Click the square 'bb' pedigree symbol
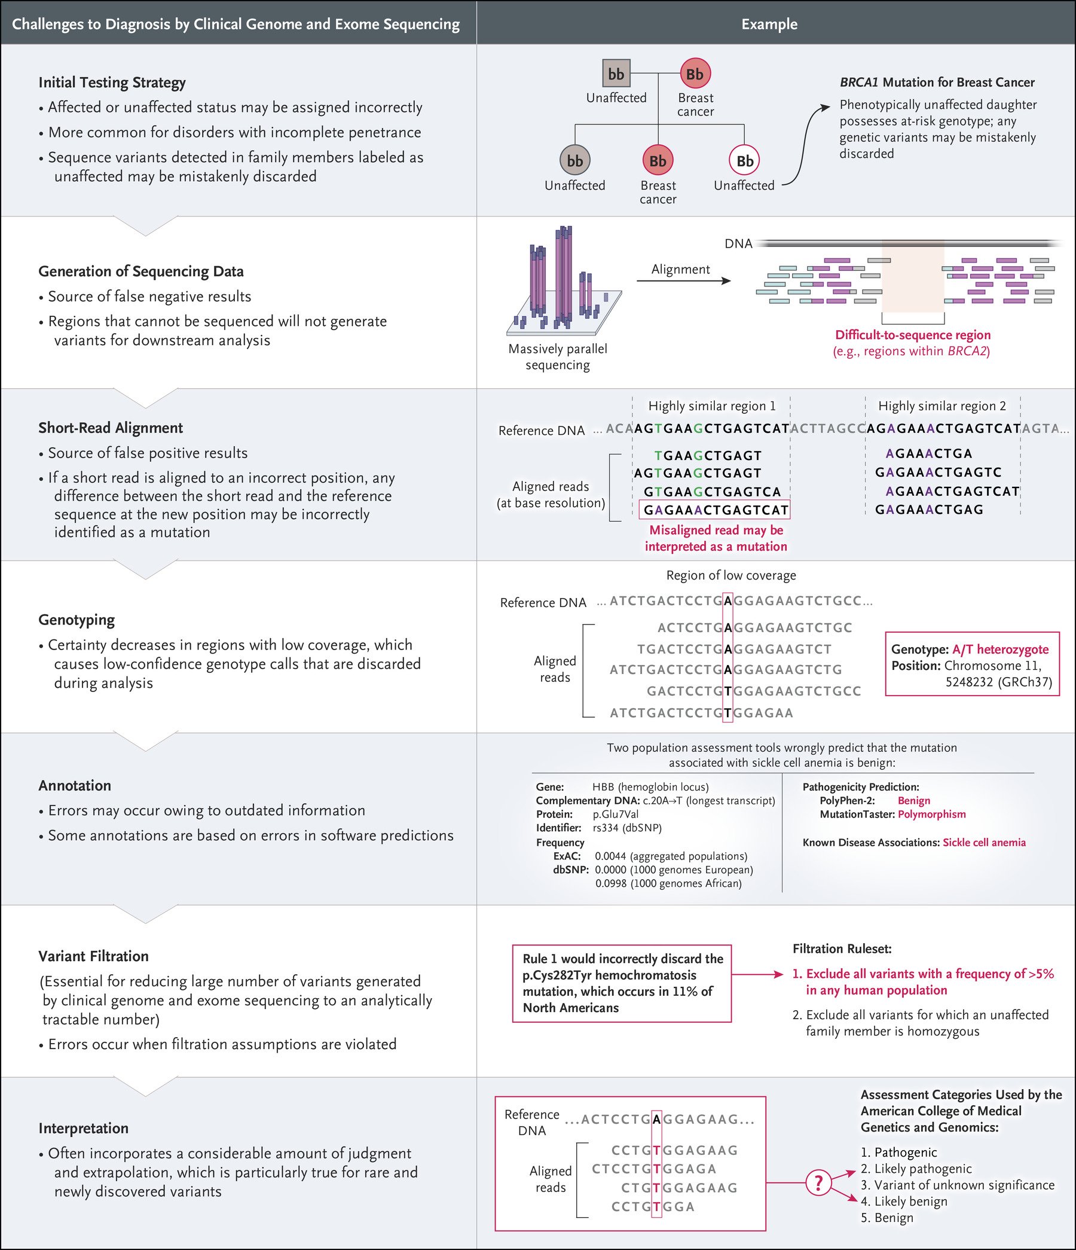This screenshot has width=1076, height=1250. (616, 74)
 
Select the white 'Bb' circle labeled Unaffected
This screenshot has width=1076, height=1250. (744, 161)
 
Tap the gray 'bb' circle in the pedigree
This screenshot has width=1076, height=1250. (575, 161)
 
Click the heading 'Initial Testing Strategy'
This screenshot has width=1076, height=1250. (112, 83)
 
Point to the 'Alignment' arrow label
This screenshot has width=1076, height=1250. (680, 270)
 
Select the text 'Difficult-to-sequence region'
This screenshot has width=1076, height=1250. (913, 335)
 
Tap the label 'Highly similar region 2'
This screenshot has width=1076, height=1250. (942, 406)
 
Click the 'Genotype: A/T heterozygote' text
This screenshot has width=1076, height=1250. (970, 650)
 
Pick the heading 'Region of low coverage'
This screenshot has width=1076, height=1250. (731, 575)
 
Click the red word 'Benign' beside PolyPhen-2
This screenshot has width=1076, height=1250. (914, 801)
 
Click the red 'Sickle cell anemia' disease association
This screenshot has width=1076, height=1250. (984, 842)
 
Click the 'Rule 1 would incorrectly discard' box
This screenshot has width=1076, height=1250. (622, 983)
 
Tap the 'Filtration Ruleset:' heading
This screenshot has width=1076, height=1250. (842, 949)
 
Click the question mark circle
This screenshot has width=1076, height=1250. (818, 1182)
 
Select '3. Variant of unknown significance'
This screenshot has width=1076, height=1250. (958, 1185)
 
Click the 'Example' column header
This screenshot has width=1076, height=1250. (769, 24)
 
